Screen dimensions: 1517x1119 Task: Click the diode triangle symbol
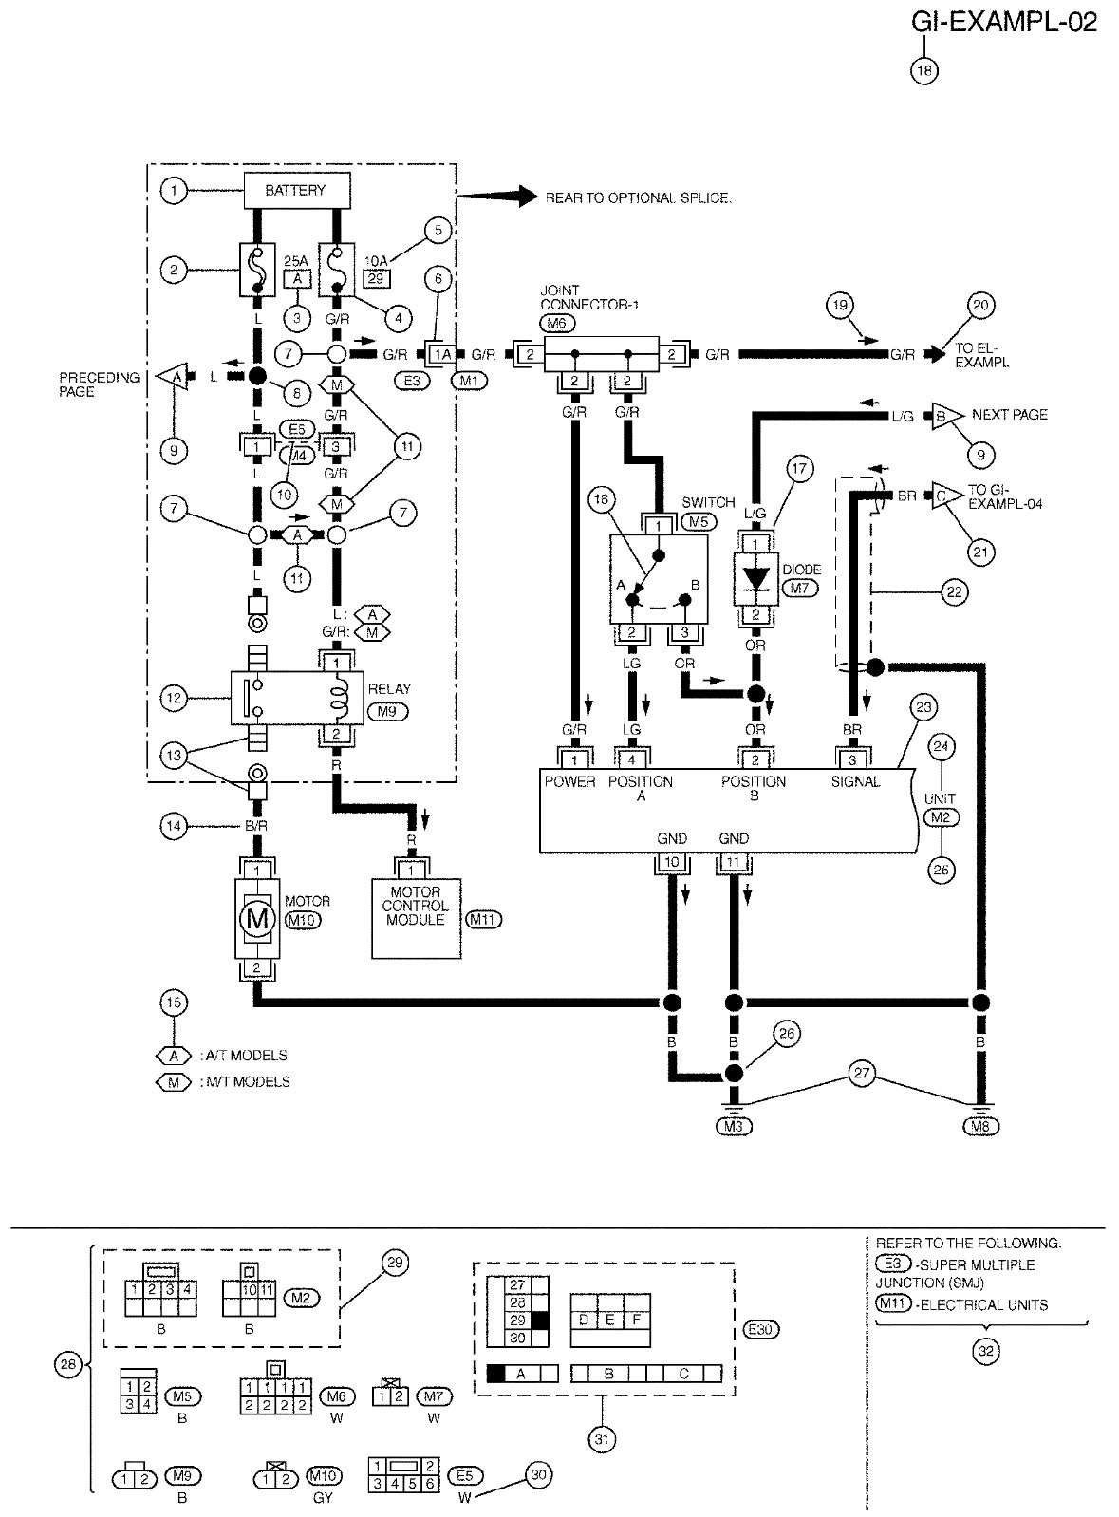pyautogui.click(x=756, y=578)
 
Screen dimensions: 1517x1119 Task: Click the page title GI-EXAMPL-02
pyautogui.click(x=1004, y=23)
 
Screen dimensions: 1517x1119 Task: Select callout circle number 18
pyautogui.click(x=923, y=69)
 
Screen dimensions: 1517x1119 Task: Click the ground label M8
pyautogui.click(x=979, y=1127)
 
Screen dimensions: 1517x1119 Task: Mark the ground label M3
pyautogui.click(x=734, y=1127)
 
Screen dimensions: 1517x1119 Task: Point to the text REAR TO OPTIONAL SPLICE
pyautogui.click(x=638, y=198)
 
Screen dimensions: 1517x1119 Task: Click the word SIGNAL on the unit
pyautogui.click(x=855, y=781)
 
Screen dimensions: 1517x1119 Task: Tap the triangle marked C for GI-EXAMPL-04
pyautogui.click(x=942, y=496)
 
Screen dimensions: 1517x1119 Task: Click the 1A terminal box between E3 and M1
pyautogui.click(x=442, y=354)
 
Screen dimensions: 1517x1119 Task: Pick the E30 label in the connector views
pyautogui.click(x=760, y=1330)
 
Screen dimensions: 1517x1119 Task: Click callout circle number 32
pyautogui.click(x=987, y=1352)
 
